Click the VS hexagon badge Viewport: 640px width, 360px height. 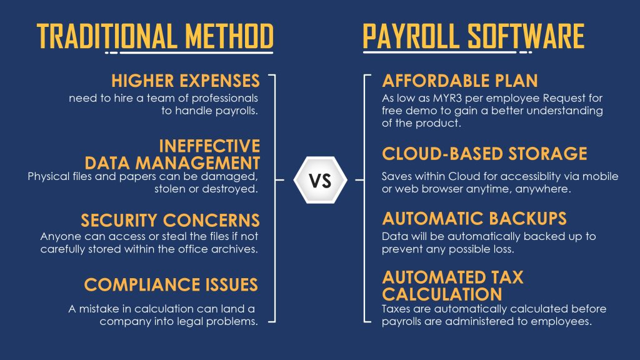[321, 179]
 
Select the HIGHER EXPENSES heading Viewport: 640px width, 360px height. [185, 81]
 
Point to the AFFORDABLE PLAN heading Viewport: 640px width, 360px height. [460, 81]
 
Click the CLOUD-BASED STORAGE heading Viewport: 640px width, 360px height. [484, 154]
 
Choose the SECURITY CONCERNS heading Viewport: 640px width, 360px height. [170, 221]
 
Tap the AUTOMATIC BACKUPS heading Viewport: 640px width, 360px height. [474, 218]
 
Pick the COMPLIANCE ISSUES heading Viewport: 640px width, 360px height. [171, 284]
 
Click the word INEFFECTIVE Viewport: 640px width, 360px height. [209, 146]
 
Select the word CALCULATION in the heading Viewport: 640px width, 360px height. [442, 294]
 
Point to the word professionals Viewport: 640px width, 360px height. [224, 98]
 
